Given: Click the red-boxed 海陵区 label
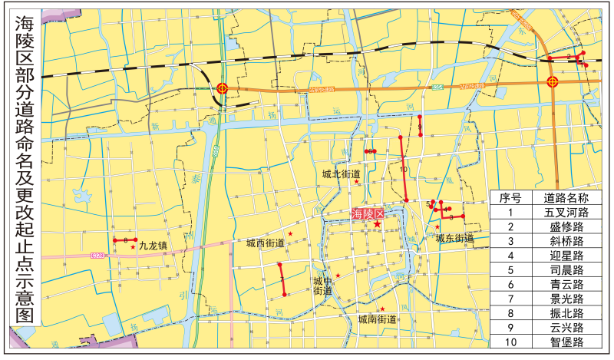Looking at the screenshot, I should (x=366, y=214).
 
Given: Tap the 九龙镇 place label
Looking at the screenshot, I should (x=153, y=246).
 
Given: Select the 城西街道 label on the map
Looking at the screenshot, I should (x=266, y=243).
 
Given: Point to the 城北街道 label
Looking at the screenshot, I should (x=341, y=174).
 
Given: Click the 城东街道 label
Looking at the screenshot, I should (x=455, y=239).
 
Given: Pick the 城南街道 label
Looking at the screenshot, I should (x=377, y=319).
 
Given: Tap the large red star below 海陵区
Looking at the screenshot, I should (x=377, y=224).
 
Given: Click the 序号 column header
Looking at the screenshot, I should (x=510, y=197).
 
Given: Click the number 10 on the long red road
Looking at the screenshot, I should (x=403, y=170).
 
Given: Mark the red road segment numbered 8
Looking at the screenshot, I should (x=370, y=152).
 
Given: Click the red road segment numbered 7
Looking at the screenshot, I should (x=282, y=279).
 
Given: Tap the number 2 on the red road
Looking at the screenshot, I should (x=568, y=56).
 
